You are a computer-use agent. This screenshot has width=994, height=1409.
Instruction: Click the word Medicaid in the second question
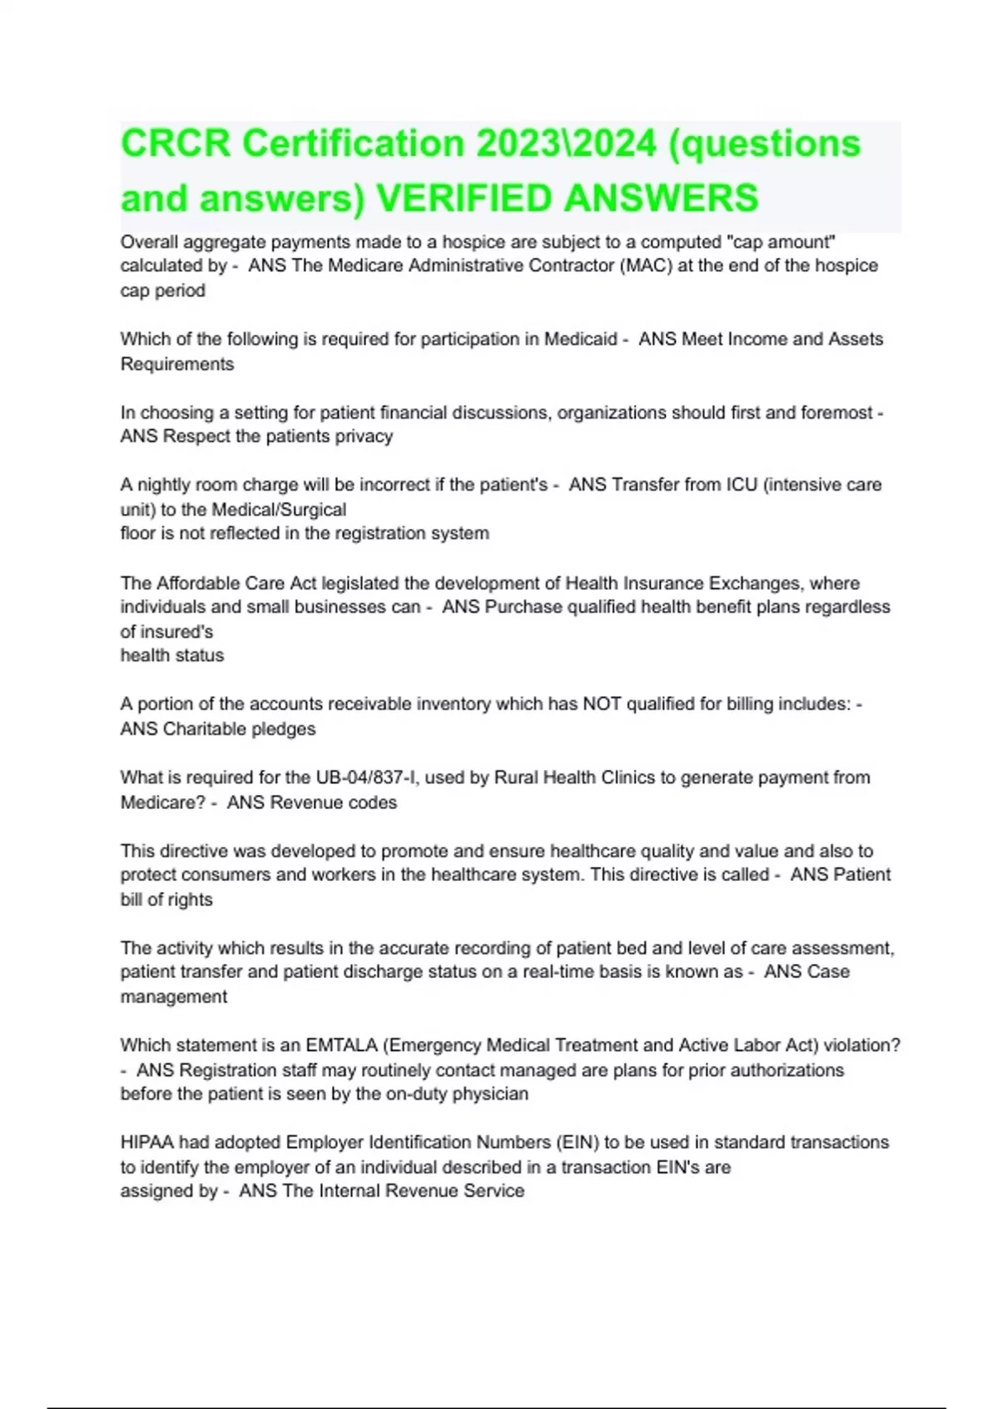tap(581, 339)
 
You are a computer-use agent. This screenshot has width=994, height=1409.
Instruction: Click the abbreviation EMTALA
tap(341, 1046)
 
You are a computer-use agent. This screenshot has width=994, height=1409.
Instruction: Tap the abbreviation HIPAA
tap(147, 1143)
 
